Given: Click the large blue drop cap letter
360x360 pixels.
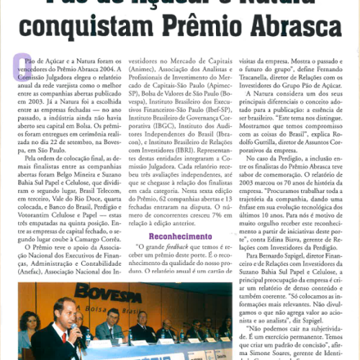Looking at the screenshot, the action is (x=22, y=66).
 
